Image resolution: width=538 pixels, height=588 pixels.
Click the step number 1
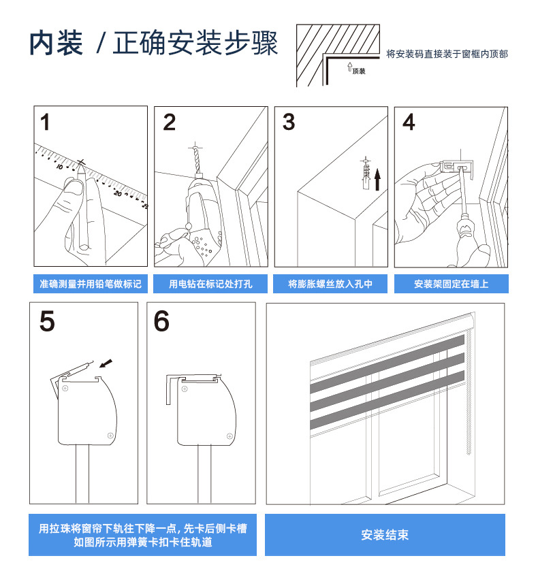[45, 122]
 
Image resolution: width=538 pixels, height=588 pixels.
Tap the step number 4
[409, 122]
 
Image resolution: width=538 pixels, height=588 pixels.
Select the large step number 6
[161, 321]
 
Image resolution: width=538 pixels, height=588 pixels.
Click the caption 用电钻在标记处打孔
[210, 284]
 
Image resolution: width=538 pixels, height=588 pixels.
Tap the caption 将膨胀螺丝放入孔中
[330, 284]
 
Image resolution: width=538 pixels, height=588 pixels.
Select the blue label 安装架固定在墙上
[452, 284]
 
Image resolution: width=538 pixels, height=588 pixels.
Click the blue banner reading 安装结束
[385, 535]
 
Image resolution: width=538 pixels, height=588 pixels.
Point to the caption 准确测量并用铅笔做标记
[91, 284]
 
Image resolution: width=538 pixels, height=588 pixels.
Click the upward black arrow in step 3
[377, 179]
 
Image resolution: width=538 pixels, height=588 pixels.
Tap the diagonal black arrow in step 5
[106, 363]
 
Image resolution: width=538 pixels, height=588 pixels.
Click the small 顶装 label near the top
[359, 71]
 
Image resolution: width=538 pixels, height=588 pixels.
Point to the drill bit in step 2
[197, 161]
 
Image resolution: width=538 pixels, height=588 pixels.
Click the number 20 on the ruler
[117, 193]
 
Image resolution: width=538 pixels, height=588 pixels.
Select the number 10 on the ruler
[59, 166]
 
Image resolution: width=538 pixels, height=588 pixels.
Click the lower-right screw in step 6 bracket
[230, 436]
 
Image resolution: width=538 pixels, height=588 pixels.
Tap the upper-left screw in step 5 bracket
[65, 388]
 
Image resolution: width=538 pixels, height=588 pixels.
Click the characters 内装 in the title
[57, 43]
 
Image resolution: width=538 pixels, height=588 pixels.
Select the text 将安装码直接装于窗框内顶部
[447, 54]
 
